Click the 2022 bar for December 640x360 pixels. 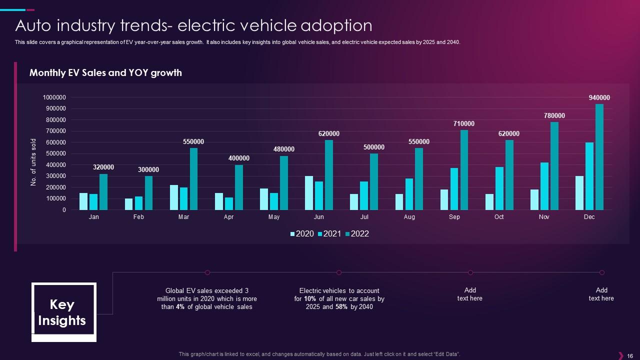(x=599, y=157)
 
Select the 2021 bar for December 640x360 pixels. (x=589, y=176)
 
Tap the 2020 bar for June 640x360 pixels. (x=309, y=193)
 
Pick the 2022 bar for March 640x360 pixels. (x=193, y=179)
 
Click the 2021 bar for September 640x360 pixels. (x=454, y=189)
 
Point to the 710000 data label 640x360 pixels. (x=464, y=124)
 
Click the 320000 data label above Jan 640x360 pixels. (x=103, y=167)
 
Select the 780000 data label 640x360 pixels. (x=554, y=116)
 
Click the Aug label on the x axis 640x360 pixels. (x=409, y=217)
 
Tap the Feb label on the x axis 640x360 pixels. (x=138, y=217)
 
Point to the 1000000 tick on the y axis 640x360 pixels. (x=54, y=97)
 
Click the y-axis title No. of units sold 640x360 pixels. (x=34, y=162)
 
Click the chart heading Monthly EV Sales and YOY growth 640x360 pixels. (x=105, y=73)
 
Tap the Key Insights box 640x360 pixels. (x=63, y=312)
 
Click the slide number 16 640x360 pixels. (x=629, y=356)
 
